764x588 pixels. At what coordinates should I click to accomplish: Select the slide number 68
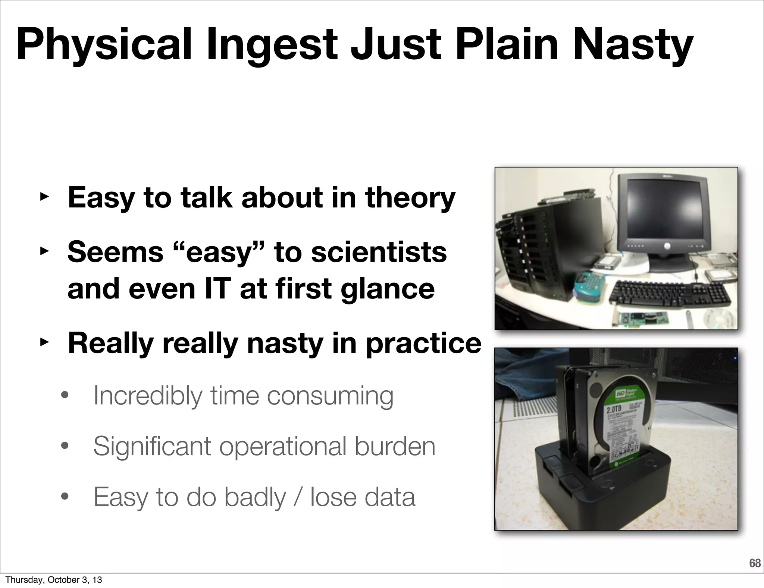(755, 563)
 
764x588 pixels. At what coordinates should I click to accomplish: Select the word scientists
(379, 252)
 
